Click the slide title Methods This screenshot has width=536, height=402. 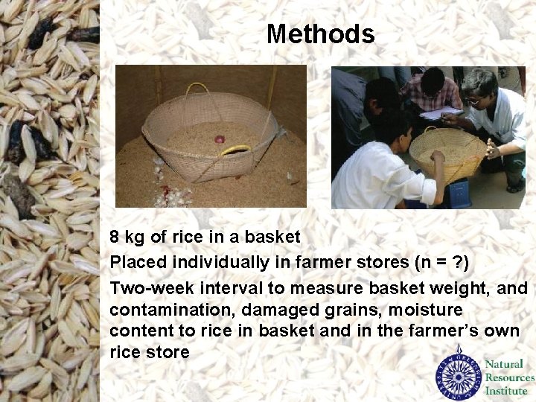[320, 34]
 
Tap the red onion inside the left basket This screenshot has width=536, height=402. [220, 138]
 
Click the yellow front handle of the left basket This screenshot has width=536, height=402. [236, 150]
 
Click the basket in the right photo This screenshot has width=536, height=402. [447, 153]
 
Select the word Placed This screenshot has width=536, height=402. [138, 263]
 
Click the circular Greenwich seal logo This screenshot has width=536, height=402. [459, 373]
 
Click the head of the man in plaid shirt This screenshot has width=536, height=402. [432, 80]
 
